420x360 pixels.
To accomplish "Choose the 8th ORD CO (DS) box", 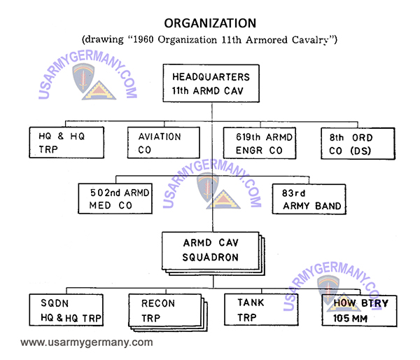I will [353, 144].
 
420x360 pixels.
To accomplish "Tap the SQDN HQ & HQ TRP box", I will [67, 310].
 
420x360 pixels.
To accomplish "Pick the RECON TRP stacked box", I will [162, 310].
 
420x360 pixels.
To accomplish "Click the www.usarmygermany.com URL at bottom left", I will [86, 343].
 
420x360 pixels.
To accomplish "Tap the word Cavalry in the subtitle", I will [307, 39].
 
